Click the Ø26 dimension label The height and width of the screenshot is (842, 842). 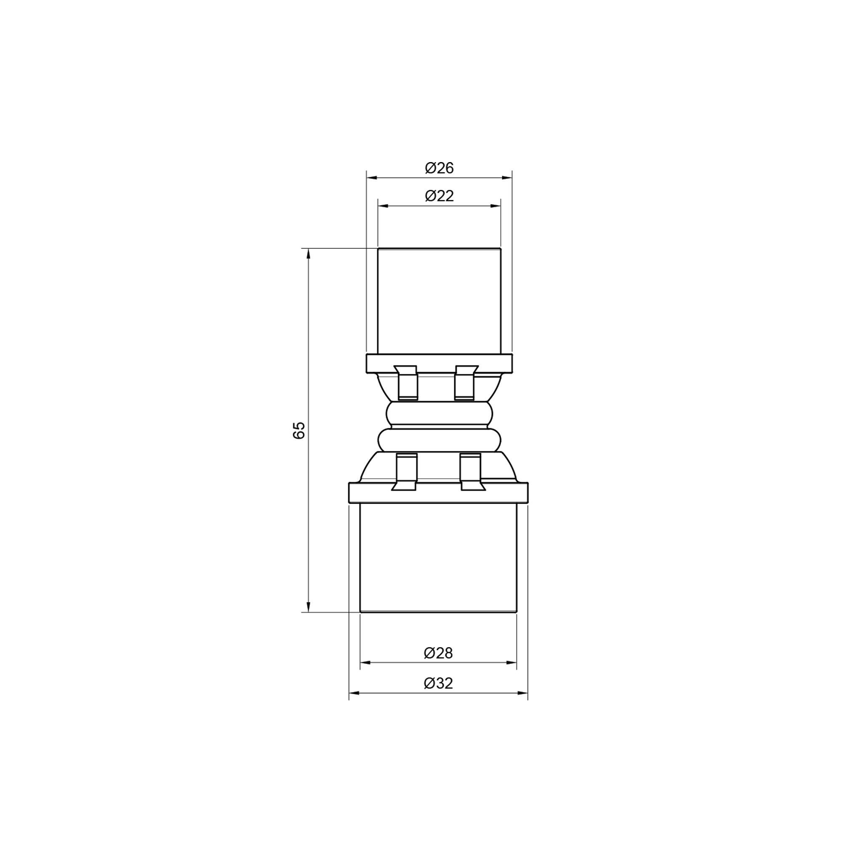point(439,168)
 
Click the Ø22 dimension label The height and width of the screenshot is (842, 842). point(439,196)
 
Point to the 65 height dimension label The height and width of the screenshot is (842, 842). point(299,430)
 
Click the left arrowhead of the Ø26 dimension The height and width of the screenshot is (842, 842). point(371,177)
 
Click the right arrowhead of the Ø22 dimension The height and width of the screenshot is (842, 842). point(496,206)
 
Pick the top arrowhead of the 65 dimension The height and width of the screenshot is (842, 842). point(309,253)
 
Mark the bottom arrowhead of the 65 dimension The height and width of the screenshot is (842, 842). point(309,607)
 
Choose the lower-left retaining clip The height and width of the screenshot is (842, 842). point(406,472)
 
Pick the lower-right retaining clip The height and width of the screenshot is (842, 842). point(471,472)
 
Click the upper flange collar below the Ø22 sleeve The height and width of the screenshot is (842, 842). point(439,364)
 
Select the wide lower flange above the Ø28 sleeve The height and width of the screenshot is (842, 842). point(438,493)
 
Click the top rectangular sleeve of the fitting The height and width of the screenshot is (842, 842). point(439,301)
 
